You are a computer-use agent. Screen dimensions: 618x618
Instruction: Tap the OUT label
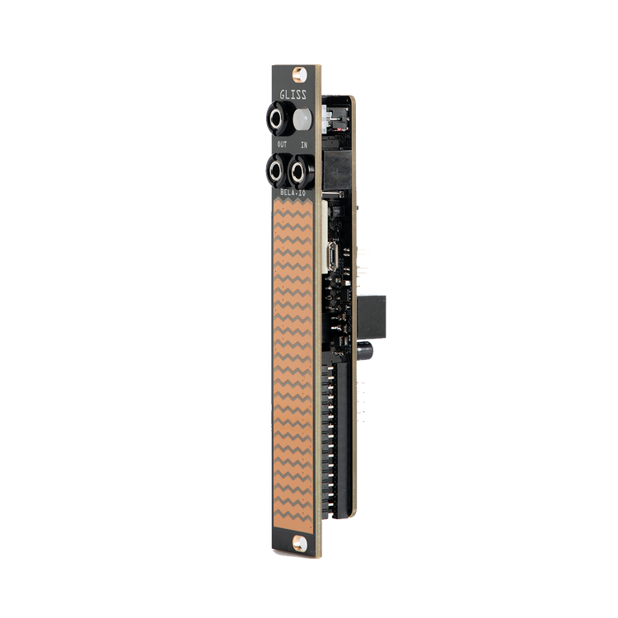pyautogui.click(x=281, y=145)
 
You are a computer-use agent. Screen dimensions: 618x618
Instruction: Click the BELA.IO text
pyautogui.click(x=292, y=192)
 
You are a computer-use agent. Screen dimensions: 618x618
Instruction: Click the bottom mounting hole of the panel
pyautogui.click(x=295, y=542)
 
